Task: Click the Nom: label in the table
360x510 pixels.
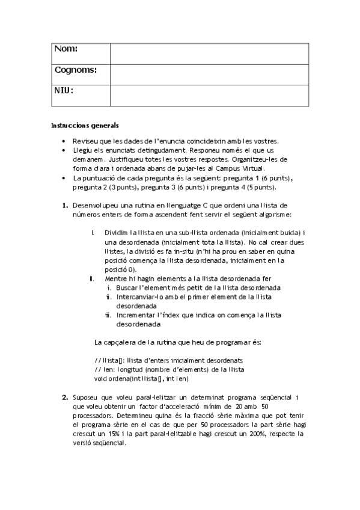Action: click(66, 49)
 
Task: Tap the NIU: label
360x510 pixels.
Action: click(64, 91)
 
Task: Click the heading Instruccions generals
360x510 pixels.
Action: click(85, 126)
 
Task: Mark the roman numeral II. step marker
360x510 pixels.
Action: click(92, 278)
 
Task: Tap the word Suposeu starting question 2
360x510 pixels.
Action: click(86, 398)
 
